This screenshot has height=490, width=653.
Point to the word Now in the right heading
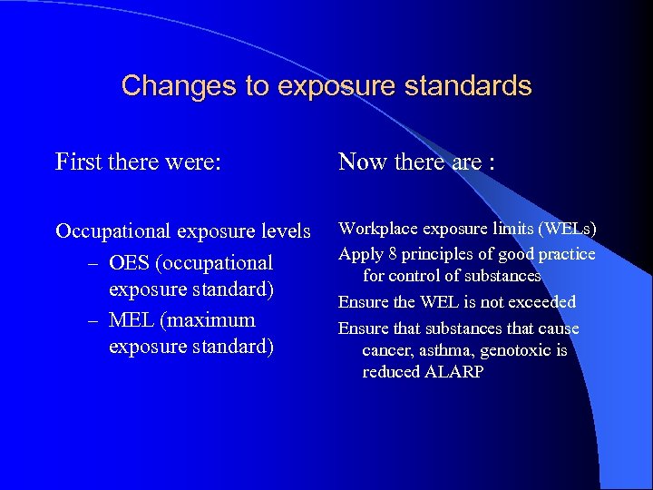point(361,162)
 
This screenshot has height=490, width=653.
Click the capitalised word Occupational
point(112,231)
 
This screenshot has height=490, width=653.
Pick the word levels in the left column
point(283,231)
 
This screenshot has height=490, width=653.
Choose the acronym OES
point(126,263)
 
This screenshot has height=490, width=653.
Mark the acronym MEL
point(128,320)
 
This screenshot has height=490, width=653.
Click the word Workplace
point(373,229)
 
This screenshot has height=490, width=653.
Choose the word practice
point(568,254)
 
